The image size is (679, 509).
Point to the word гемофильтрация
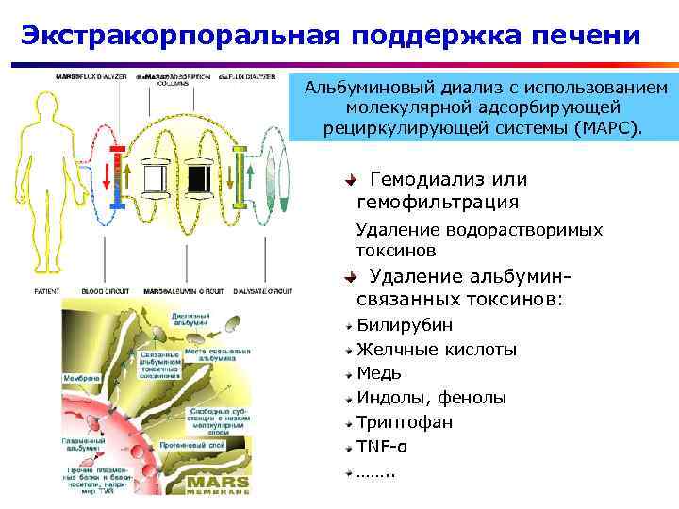click(x=437, y=202)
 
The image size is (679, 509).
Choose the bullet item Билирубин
click(x=404, y=325)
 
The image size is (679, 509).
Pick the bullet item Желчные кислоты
click(x=436, y=350)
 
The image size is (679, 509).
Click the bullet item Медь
click(x=379, y=373)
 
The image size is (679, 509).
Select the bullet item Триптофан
click(x=404, y=421)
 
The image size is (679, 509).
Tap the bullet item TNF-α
click(x=383, y=445)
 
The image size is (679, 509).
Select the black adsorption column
click(x=199, y=177)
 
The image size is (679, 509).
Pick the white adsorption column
click(x=152, y=177)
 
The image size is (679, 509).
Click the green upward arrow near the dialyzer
click(x=252, y=177)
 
